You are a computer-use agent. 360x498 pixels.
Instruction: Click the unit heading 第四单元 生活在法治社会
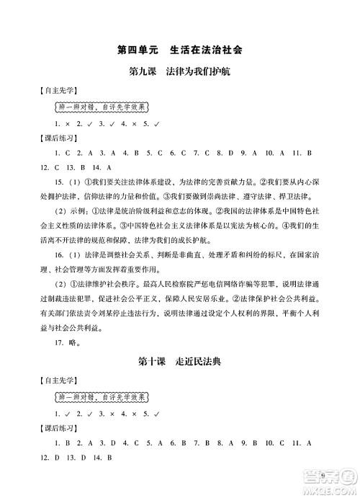point(179,50)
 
